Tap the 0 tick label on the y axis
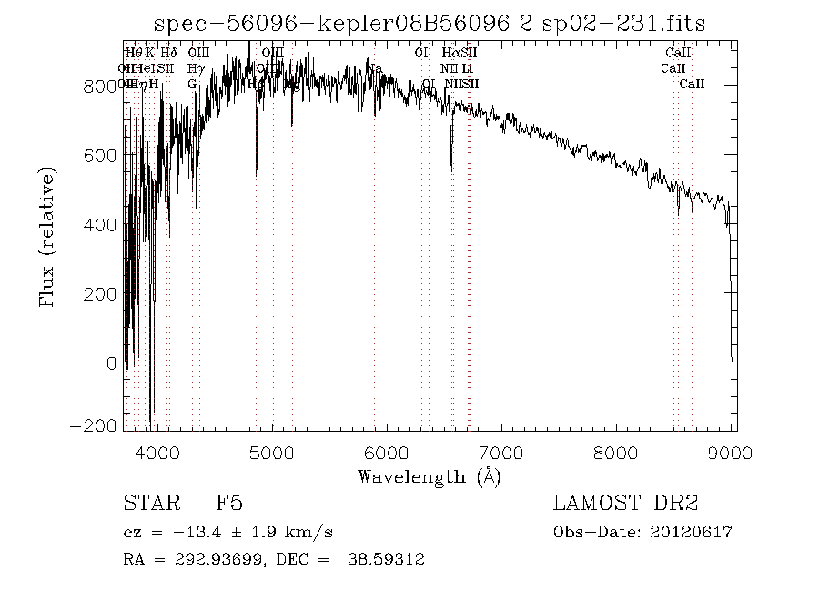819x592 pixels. (111, 363)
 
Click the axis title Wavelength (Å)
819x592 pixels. (429, 475)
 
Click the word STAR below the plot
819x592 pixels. (147, 504)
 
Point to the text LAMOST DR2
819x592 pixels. (625, 504)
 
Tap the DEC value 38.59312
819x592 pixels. (386, 559)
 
